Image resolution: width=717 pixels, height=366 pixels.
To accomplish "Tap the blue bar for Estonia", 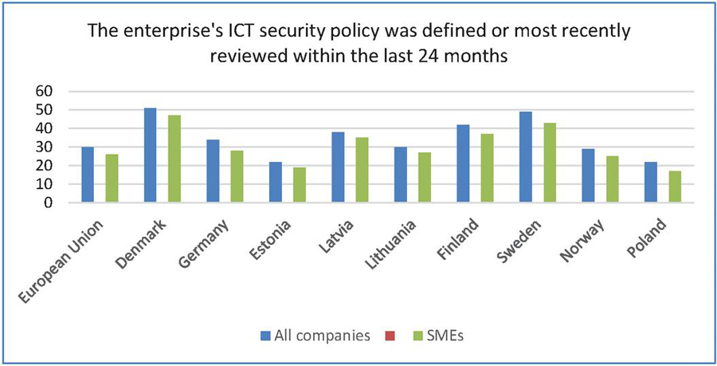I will [x=276, y=182].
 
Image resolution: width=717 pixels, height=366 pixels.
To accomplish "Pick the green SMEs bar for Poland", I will [x=675, y=187].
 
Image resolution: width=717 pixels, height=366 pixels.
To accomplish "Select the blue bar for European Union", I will [x=88, y=175].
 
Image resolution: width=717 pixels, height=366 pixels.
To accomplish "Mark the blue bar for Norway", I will [x=589, y=175].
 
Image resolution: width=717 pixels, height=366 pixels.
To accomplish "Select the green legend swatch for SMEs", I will [x=413, y=336].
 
